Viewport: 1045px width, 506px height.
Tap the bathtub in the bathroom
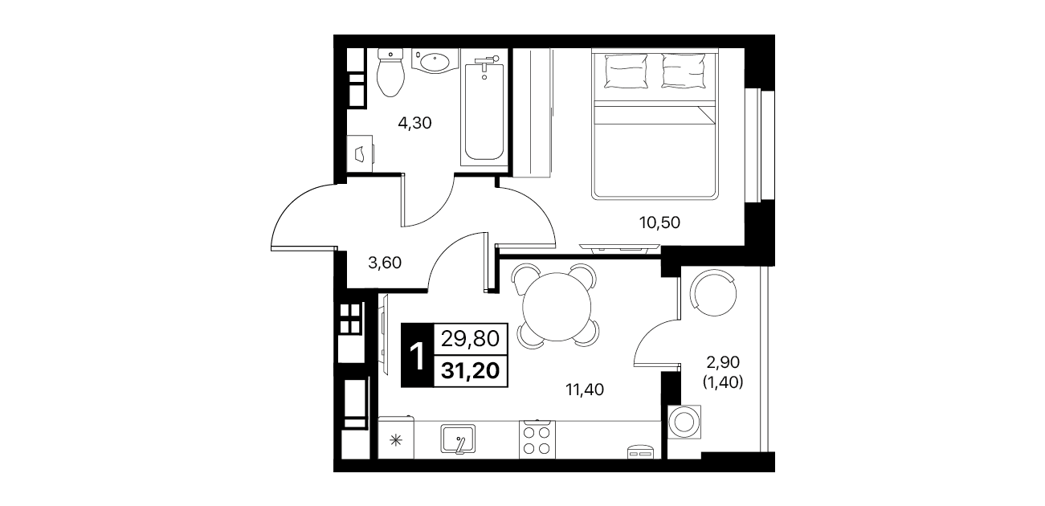coord(484,112)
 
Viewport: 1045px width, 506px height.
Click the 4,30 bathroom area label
coord(414,123)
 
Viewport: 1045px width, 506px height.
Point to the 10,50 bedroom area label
coord(659,223)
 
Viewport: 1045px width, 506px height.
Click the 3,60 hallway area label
coord(385,263)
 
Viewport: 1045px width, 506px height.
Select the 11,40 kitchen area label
coord(585,390)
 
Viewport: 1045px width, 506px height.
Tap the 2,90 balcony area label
coord(723,362)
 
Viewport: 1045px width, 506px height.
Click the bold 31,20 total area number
coord(470,371)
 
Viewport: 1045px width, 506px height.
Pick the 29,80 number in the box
coord(470,339)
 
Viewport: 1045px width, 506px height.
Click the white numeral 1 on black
coord(417,356)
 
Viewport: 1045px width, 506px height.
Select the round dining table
coord(557,306)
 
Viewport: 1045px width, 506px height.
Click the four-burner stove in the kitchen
coord(537,439)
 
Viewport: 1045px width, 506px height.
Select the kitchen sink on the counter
coord(458,439)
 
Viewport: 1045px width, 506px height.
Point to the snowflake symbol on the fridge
coord(396,440)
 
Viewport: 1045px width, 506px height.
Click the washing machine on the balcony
coord(684,422)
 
